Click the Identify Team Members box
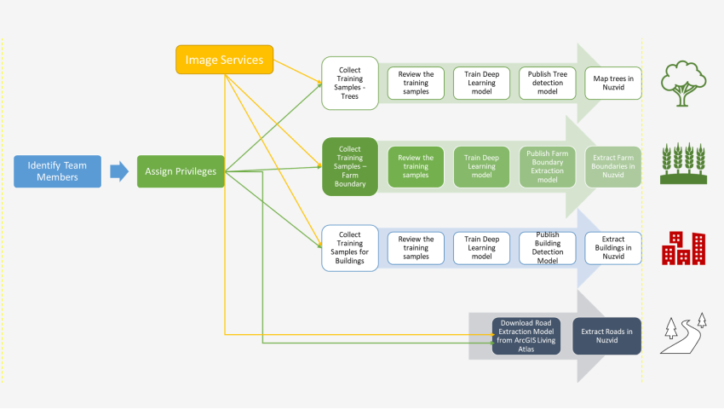57,171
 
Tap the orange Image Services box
225,59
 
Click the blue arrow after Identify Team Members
118,171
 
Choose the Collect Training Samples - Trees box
349,84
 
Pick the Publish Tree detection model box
548,84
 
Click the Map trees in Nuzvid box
613,84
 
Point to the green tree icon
686,83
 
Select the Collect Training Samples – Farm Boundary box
349,165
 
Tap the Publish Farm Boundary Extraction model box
548,166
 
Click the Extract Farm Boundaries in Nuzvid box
613,166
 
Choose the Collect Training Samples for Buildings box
349,247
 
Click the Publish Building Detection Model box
548,247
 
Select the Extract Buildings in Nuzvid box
613,247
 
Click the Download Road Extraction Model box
526,336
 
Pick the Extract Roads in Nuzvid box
606,336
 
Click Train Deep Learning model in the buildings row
482,247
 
